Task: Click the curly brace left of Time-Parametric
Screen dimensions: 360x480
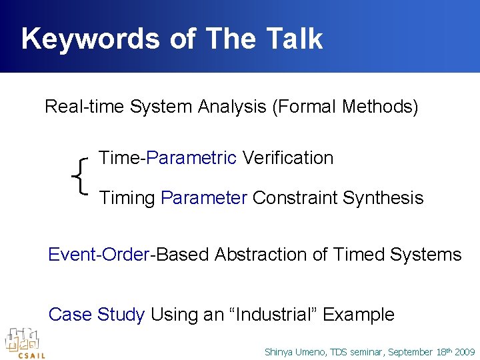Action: [81, 177]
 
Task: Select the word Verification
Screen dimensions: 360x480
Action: [287, 158]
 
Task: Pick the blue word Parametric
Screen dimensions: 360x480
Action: [191, 158]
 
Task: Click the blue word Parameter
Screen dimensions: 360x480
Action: [204, 198]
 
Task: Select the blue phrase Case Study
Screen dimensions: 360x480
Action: [97, 315]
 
